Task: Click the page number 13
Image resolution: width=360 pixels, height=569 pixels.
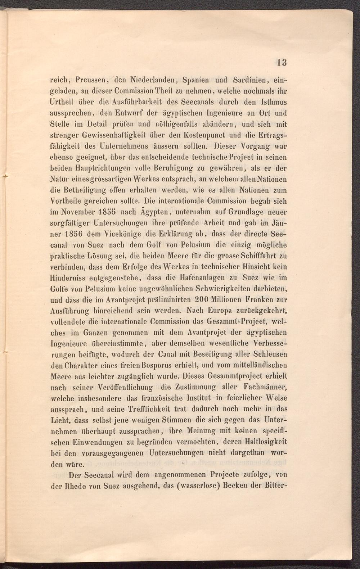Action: coord(282,62)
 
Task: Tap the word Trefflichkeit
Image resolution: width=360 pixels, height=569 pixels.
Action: coord(149,409)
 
